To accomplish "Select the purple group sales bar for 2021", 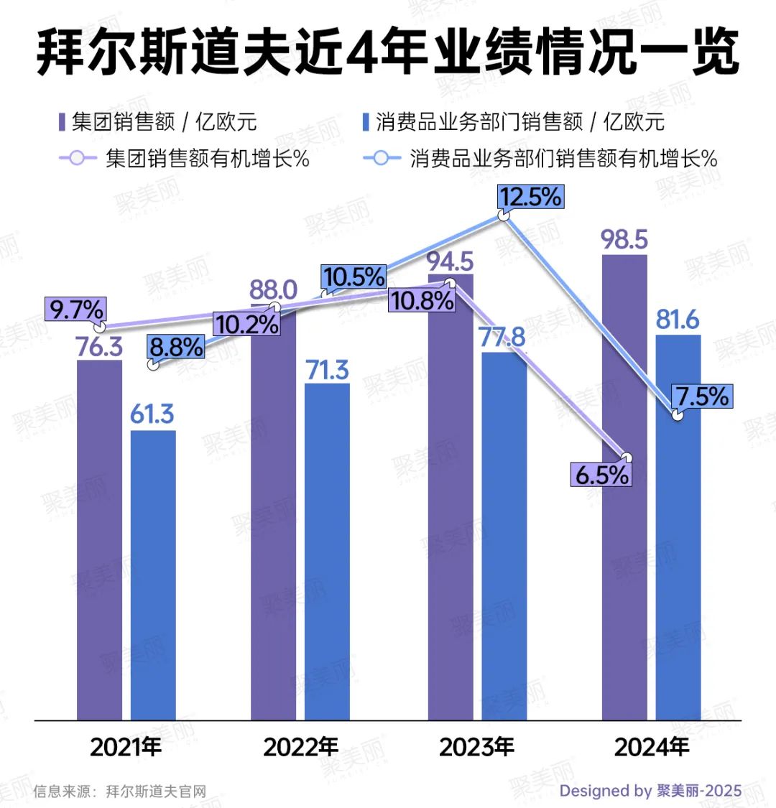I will (99, 539).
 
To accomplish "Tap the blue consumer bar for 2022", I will (327, 553).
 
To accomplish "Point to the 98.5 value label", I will (624, 240).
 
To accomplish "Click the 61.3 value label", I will (152, 414).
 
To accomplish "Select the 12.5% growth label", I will (531, 197).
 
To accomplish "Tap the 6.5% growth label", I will (601, 475).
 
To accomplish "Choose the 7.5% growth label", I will (701, 396).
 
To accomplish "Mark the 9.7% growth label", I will (75, 310).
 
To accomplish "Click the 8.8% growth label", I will (176, 348).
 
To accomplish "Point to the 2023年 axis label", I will (476, 748).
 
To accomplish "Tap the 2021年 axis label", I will (126, 748).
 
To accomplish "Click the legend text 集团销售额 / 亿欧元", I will (164, 122).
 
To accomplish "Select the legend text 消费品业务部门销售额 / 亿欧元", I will (520, 122).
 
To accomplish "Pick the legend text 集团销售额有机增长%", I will (208, 158).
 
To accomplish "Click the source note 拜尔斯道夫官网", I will (156, 791).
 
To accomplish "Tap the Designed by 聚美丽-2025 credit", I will (650, 791).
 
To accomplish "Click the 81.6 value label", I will (678, 320).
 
